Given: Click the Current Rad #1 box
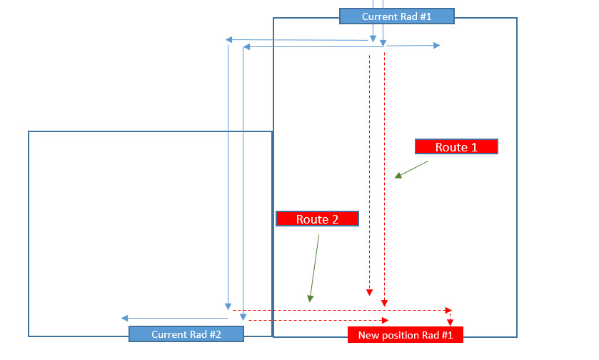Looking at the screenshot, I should coord(396,16).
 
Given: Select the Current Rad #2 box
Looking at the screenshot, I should coord(186,334).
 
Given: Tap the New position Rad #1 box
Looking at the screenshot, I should coord(406,335).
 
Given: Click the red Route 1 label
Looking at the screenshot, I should coord(455,146).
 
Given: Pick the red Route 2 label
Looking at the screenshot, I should coord(317,219).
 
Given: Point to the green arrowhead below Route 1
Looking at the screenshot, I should coord(398,175).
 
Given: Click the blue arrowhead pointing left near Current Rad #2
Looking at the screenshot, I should coord(125,318).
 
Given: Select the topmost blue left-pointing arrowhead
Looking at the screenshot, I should coord(228,40).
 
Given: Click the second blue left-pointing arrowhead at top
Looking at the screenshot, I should coord(246,47).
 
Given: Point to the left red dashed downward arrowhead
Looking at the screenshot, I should coord(369,291).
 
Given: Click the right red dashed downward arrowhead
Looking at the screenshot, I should coord(385,302).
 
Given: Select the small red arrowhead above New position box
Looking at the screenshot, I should coord(450,322).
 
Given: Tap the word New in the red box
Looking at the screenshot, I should coord(368,335).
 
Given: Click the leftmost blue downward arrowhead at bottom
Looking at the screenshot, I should coord(228,306).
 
